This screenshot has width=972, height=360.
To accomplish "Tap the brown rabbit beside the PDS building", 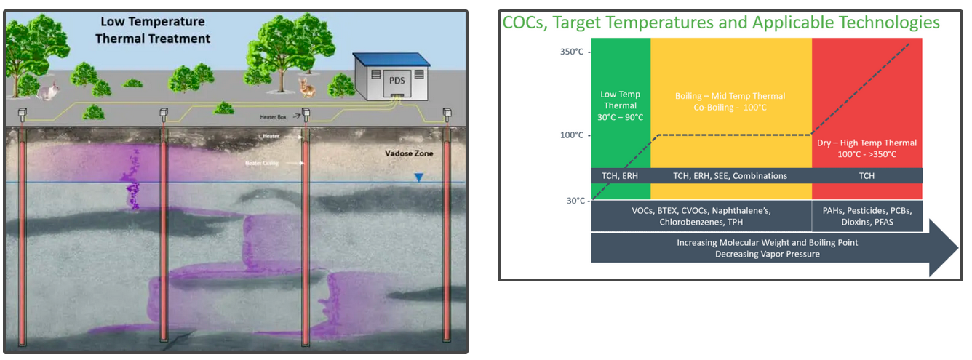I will pyautogui.click(x=308, y=88).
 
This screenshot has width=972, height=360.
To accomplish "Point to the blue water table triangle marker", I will pyautogui.click(x=418, y=177).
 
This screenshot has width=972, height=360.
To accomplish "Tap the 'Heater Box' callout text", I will pyautogui.click(x=276, y=116).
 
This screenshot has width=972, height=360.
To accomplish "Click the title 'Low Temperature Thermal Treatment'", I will pyautogui.click(x=152, y=30).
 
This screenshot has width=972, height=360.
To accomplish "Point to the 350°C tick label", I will pyautogui.click(x=572, y=52).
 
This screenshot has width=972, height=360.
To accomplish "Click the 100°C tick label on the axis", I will pyautogui.click(x=572, y=135).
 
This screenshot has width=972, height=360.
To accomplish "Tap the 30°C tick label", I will pyautogui.click(x=575, y=200).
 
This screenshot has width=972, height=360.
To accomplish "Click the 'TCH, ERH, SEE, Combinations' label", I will pyautogui.click(x=730, y=175).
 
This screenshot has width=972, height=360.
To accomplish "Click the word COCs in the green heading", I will pyautogui.click(x=525, y=23).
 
